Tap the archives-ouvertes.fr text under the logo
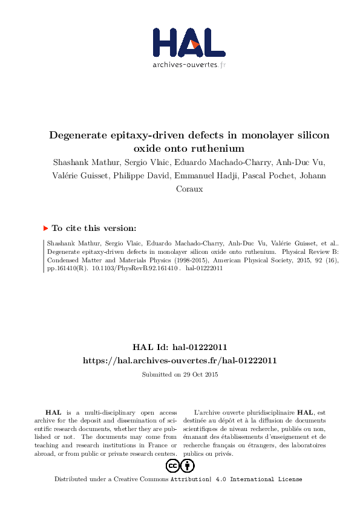189,63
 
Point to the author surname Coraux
188,189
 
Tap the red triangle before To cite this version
45,229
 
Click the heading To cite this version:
94,229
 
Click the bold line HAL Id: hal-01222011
180,348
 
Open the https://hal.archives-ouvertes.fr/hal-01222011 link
180,361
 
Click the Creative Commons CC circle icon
172,466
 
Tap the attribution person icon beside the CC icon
188,466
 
